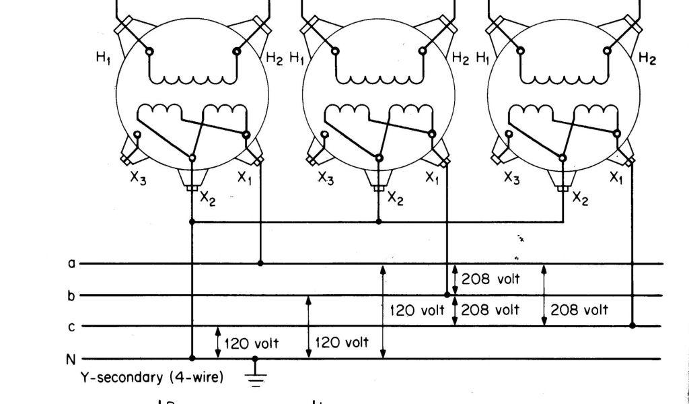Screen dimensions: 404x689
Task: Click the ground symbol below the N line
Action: [x=255, y=374]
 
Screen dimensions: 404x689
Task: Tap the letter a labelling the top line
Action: [x=72, y=263]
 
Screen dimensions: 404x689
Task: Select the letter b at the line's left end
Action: [x=72, y=295]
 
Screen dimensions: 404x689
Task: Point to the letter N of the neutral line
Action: [x=71, y=359]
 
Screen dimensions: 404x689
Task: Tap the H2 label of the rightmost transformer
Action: [x=647, y=59]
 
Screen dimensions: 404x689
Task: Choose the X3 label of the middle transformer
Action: [x=326, y=178]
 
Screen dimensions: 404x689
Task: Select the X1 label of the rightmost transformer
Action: [x=616, y=178]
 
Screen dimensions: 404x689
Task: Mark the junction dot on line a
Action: [x=260, y=263]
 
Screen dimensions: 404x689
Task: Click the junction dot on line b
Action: [x=447, y=295]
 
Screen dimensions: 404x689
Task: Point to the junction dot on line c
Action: [x=632, y=326]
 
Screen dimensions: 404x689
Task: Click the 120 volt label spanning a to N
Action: [x=417, y=310]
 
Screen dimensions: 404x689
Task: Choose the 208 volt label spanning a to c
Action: [x=579, y=310]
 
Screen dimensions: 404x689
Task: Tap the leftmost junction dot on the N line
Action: [x=192, y=358]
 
